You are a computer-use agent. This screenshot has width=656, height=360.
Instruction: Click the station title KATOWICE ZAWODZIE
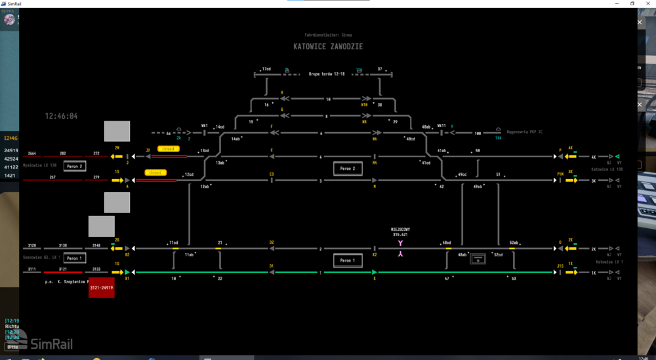coord(328,47)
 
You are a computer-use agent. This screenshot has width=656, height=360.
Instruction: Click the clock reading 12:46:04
coord(61,116)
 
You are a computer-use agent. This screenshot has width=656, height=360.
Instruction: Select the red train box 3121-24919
coord(102,287)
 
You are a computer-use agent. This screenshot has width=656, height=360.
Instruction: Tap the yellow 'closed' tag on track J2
coord(169,149)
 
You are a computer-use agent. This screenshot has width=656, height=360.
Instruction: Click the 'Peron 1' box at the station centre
coord(347,260)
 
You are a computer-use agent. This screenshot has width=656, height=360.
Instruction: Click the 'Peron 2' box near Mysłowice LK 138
coord(75,167)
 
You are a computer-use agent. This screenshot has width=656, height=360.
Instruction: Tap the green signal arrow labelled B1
coord(127,272)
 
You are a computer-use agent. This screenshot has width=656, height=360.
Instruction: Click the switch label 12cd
coord(189,174)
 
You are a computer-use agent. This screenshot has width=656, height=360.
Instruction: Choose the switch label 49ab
coord(478,187)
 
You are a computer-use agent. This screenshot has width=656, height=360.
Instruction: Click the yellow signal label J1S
coord(560,266)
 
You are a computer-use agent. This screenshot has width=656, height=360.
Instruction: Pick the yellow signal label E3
coord(272,174)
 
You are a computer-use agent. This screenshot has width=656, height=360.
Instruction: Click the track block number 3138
coord(63,245)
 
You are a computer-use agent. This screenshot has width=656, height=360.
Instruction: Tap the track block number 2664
coord(31,153)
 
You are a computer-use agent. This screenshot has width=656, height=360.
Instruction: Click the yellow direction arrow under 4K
coord(572,157)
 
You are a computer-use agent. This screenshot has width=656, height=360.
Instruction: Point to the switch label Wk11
coord(441,125)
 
